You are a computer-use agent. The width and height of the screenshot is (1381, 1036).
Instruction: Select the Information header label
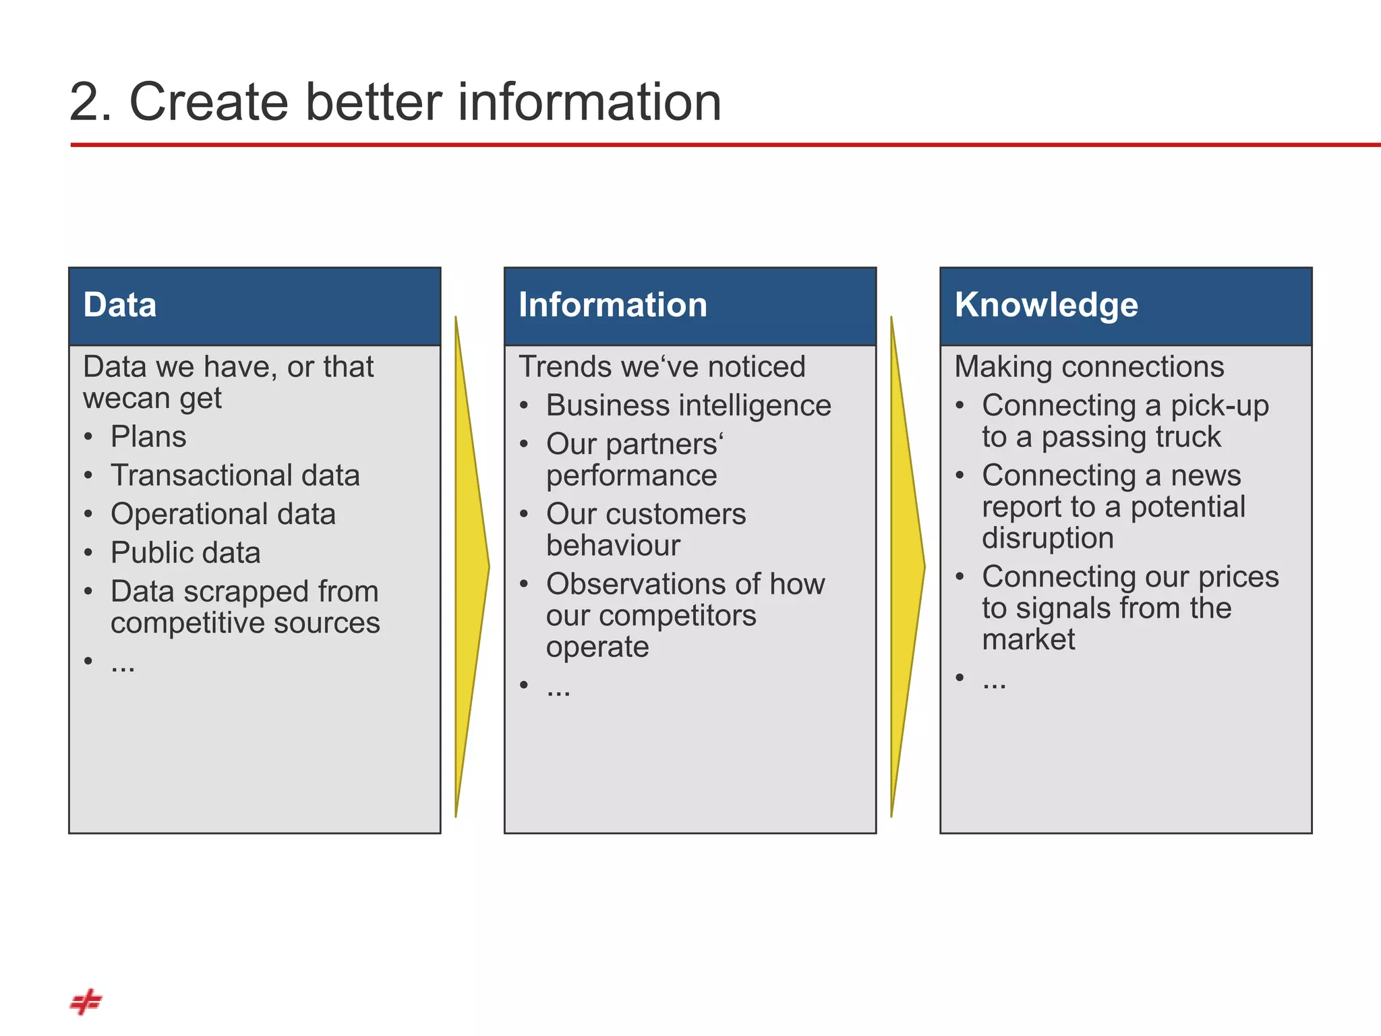(x=612, y=305)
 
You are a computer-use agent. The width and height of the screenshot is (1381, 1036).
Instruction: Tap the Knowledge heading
(x=1046, y=305)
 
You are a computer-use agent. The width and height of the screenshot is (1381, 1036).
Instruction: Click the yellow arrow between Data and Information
(x=471, y=567)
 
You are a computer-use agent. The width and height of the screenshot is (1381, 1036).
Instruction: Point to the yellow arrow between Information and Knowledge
(x=906, y=567)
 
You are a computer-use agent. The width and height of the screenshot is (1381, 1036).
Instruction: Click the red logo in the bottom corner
(x=86, y=1002)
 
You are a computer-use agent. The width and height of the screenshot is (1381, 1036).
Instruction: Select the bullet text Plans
(x=148, y=437)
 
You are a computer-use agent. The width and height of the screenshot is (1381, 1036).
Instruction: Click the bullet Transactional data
(x=235, y=476)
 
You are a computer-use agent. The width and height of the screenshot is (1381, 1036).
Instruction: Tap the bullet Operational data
(x=223, y=514)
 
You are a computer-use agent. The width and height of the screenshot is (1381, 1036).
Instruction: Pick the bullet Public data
(x=185, y=553)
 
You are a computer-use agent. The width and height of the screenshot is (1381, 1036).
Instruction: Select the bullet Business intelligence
(x=688, y=405)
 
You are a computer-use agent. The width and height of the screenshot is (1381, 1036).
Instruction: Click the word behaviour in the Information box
(x=613, y=545)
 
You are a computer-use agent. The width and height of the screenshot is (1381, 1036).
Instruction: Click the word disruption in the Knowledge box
(x=1047, y=538)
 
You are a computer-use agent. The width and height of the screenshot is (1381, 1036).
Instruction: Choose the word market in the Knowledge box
(x=1028, y=639)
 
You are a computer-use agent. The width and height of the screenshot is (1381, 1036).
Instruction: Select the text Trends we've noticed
(x=662, y=367)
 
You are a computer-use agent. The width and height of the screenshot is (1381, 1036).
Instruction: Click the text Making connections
(x=1088, y=367)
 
